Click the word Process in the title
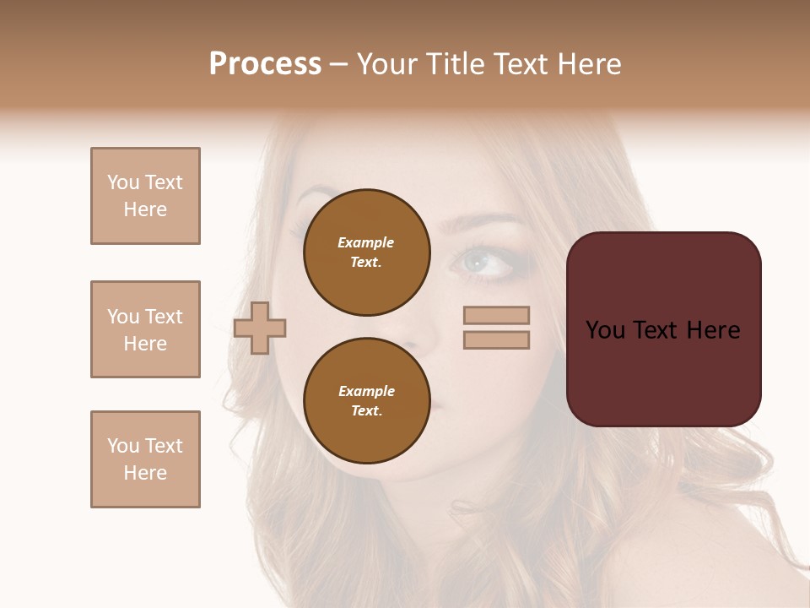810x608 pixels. coord(265,64)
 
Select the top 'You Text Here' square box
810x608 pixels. coord(145,196)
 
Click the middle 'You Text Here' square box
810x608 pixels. coord(145,329)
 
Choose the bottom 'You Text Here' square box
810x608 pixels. coord(145,459)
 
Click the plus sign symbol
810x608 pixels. coord(260,328)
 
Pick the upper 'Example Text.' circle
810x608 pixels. coord(367,252)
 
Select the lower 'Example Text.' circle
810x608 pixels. coord(367,401)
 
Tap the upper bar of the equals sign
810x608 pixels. coord(496,315)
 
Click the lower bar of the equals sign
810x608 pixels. coord(496,340)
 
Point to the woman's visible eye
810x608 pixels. coord(481,263)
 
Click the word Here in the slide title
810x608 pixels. coord(589,64)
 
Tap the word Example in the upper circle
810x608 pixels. coord(366,242)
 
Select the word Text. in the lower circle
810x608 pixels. coord(366,411)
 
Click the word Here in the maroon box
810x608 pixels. coord(713,330)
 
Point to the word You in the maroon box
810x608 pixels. coord(605,330)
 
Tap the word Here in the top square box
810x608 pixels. coord(145,209)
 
